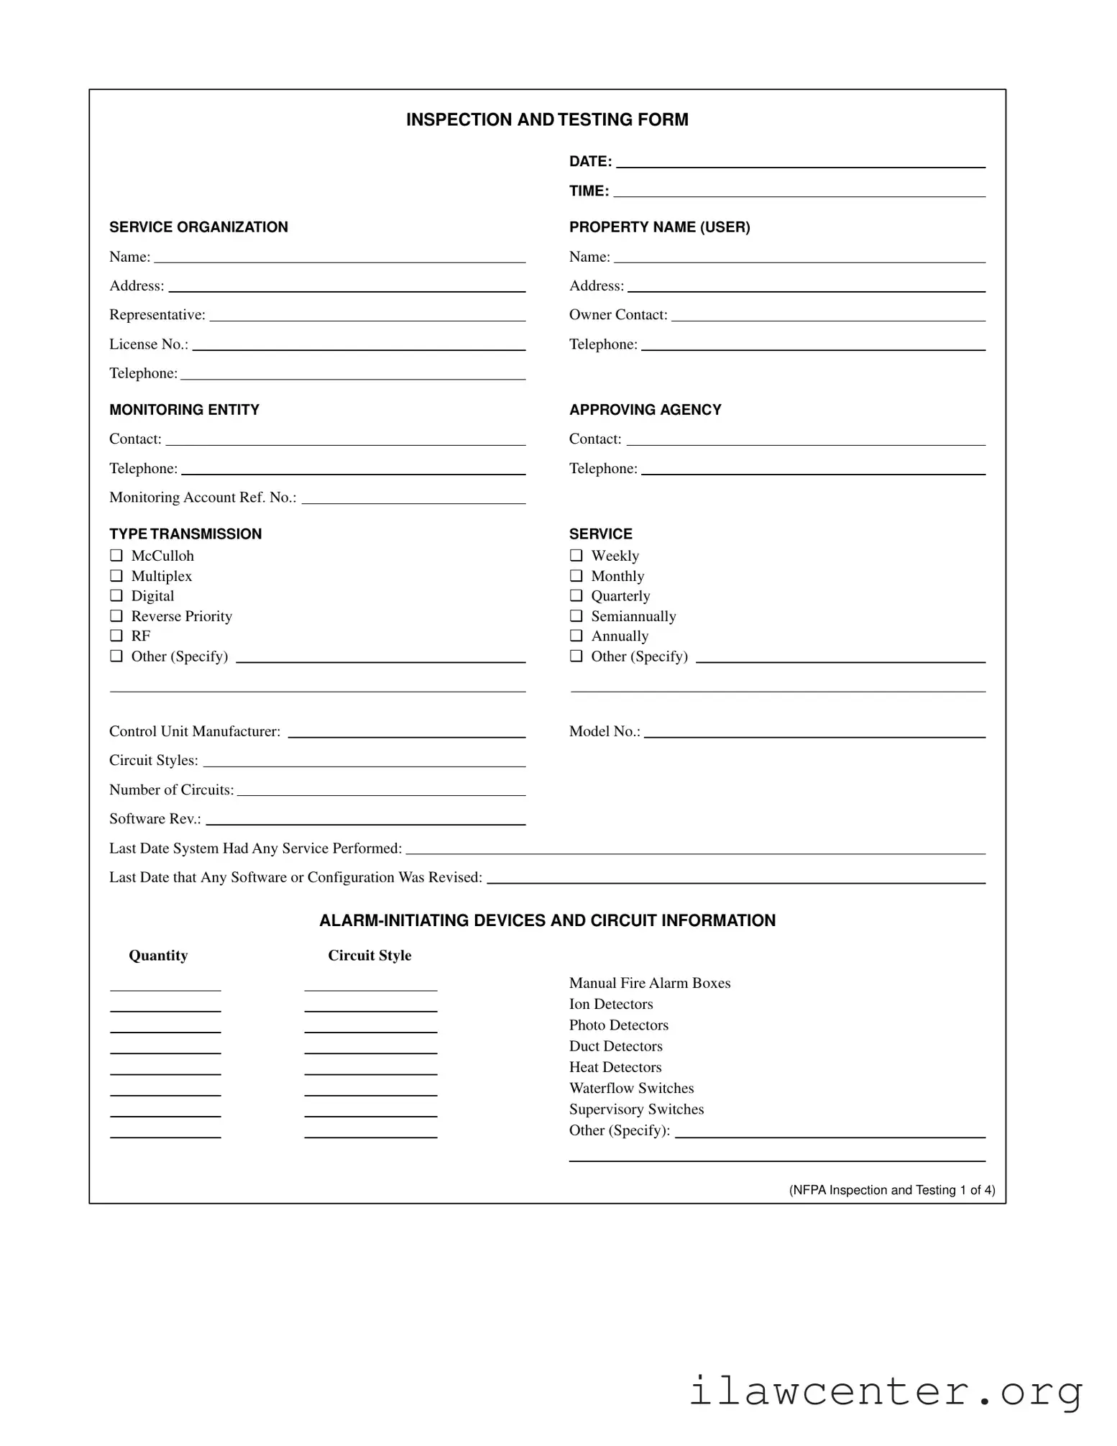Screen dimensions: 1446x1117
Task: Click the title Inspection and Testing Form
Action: coord(546,119)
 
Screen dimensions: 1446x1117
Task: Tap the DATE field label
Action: coord(589,162)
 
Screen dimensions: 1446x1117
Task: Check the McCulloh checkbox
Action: coord(116,555)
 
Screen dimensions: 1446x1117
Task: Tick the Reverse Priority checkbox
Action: coord(116,616)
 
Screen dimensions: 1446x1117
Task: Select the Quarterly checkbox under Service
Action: coord(576,595)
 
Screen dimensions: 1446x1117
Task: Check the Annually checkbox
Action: coord(576,636)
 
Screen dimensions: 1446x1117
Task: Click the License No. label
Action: coord(148,344)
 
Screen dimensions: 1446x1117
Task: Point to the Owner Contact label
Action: coord(617,315)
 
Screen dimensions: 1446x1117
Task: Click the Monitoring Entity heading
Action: coord(184,410)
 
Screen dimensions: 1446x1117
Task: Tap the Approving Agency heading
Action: coord(645,410)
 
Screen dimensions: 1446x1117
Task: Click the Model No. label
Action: coord(604,731)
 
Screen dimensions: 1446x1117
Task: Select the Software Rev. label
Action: coord(155,819)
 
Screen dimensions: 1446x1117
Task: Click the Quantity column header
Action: coord(158,956)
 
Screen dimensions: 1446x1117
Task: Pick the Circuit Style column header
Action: coord(369,956)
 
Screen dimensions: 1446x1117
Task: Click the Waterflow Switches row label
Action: coord(631,1088)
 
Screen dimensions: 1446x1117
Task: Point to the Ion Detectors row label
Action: coord(611,1004)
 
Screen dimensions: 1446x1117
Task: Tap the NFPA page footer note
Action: coord(891,1190)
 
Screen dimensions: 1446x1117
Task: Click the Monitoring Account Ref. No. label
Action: coord(202,498)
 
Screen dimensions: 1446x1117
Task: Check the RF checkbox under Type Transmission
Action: coord(116,636)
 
